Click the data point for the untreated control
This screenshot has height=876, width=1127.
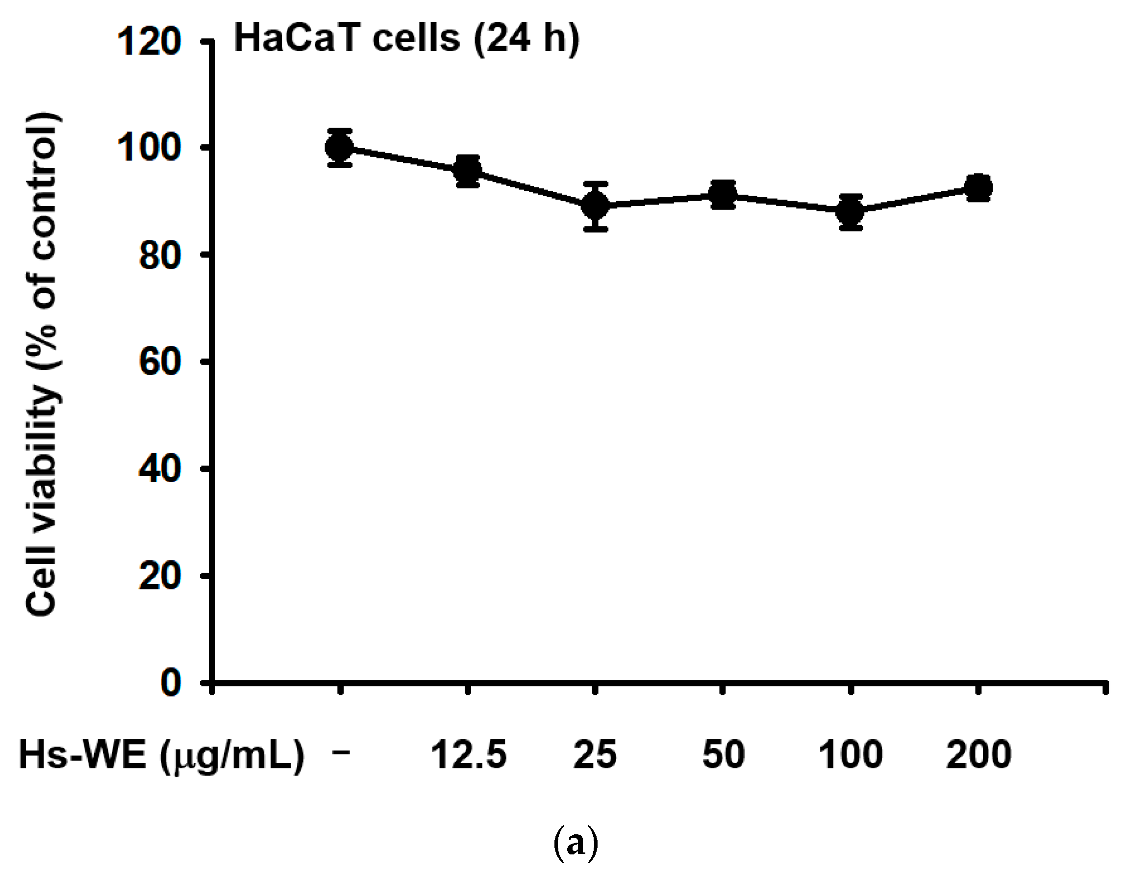[340, 148]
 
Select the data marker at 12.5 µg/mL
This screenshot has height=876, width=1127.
[468, 170]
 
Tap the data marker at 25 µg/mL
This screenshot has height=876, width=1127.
[596, 206]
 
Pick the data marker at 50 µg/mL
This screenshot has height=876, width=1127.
[723, 195]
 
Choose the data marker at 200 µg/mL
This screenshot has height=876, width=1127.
[978, 187]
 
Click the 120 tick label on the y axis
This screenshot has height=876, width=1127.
[149, 41]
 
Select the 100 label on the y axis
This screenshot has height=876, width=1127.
[149, 148]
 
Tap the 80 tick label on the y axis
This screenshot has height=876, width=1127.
[159, 255]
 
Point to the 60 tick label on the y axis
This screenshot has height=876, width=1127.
[159, 362]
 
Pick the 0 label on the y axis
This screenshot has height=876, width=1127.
[170, 682]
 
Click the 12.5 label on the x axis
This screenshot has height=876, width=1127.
[469, 755]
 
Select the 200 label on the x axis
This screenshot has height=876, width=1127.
[978, 755]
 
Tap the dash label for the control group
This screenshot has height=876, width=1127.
[341, 752]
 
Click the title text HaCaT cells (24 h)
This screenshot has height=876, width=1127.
[406, 39]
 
